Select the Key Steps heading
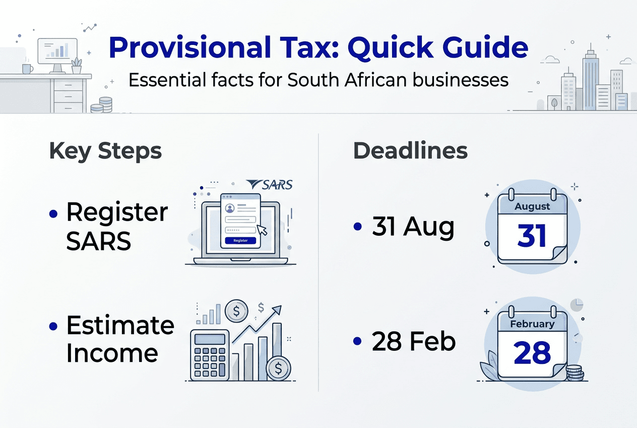pyautogui.click(x=105, y=151)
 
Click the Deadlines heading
pyautogui.click(x=410, y=151)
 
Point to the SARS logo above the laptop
pyautogui.click(x=270, y=185)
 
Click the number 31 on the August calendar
pyautogui.click(x=532, y=236)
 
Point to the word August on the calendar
pyautogui.click(x=532, y=206)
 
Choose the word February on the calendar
pyautogui.click(x=532, y=324)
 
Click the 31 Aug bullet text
pyautogui.click(x=413, y=228)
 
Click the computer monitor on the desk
pyautogui.click(x=57, y=52)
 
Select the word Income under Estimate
pyautogui.click(x=112, y=353)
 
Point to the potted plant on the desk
pyautogui.click(x=76, y=66)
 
